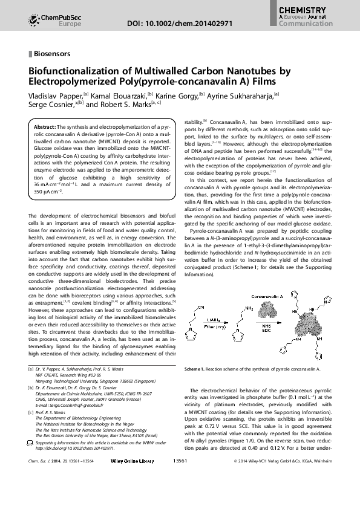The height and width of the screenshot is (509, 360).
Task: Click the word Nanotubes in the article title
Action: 258,71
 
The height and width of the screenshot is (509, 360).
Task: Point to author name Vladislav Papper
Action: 56,95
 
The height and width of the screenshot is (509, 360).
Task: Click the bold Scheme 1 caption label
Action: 197,368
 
